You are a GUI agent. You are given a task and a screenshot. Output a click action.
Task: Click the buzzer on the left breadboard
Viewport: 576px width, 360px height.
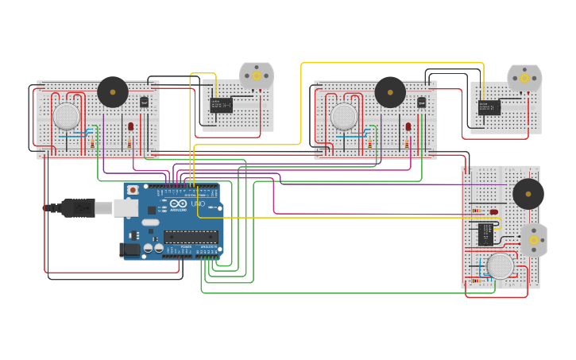click(113, 92)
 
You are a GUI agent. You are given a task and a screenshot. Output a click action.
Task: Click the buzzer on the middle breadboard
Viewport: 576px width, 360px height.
click(390, 92)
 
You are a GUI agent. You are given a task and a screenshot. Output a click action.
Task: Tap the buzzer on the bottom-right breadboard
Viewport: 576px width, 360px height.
click(528, 194)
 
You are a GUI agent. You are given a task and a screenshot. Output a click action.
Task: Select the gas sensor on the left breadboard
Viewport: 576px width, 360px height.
click(67, 117)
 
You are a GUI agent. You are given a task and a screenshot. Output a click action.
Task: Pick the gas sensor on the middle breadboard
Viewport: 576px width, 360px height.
click(344, 117)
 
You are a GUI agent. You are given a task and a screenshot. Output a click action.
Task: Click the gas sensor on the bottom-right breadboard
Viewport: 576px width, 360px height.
click(500, 266)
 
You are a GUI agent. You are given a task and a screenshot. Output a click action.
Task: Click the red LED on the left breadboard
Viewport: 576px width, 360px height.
click(130, 126)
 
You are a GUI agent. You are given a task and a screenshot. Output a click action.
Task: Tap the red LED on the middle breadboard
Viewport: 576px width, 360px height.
click(408, 126)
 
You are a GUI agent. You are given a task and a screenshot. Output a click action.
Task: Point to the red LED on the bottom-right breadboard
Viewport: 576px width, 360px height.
click(493, 212)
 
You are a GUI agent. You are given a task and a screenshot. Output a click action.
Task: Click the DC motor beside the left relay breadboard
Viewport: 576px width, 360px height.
click(257, 76)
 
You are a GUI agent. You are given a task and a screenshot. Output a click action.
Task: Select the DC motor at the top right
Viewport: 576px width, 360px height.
click(524, 79)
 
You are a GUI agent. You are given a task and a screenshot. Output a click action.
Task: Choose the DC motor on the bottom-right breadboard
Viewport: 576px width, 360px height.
click(533, 239)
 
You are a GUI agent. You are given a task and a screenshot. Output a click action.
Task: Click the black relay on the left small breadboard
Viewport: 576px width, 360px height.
click(221, 105)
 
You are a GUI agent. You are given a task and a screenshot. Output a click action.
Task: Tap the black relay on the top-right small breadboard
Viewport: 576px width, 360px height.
click(489, 107)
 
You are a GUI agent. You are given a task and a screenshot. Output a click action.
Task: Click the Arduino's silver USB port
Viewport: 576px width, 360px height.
click(126, 208)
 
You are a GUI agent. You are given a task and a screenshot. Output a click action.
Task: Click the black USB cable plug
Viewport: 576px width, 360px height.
click(79, 208)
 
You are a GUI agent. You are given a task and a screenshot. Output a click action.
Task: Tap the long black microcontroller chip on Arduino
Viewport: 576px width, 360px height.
click(191, 237)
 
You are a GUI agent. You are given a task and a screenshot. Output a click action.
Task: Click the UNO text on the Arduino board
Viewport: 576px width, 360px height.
click(197, 204)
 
